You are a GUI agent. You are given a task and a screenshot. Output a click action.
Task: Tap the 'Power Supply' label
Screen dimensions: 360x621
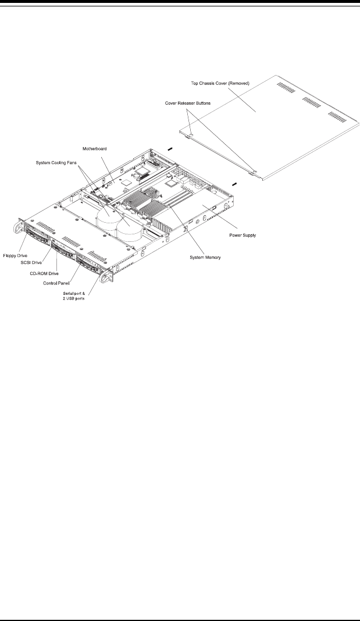(241, 235)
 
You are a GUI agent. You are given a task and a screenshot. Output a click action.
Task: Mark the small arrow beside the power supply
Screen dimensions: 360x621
(234, 183)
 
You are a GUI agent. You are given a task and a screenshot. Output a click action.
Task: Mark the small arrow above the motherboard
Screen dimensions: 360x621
(170, 148)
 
